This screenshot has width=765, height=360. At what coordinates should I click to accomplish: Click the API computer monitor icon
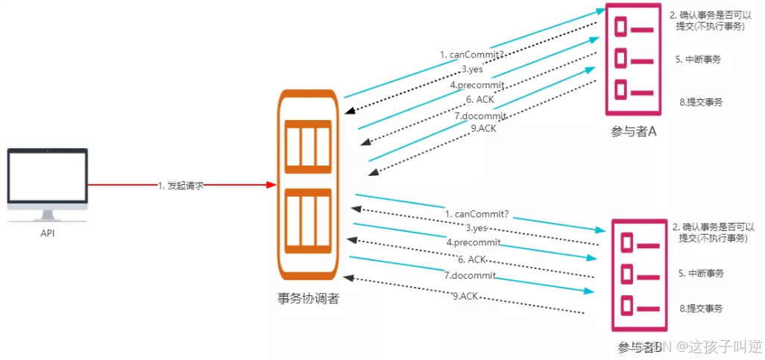click(48, 179)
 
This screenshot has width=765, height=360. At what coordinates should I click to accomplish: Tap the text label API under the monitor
click(48, 233)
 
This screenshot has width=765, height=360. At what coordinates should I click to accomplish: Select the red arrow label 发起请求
click(180, 185)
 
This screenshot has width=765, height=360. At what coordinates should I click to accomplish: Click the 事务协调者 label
click(308, 300)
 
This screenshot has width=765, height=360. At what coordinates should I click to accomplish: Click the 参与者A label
click(634, 132)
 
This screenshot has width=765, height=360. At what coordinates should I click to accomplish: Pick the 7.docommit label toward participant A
click(480, 116)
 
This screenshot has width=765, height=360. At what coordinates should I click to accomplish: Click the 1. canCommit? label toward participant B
click(476, 215)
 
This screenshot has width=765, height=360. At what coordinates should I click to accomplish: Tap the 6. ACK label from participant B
click(472, 259)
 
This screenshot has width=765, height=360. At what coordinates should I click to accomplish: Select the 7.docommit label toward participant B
click(470, 276)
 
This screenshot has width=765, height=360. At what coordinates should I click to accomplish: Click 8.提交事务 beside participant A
click(701, 102)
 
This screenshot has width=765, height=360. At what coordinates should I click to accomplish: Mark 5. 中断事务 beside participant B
click(701, 273)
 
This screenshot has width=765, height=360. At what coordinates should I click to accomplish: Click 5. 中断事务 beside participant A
click(701, 59)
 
